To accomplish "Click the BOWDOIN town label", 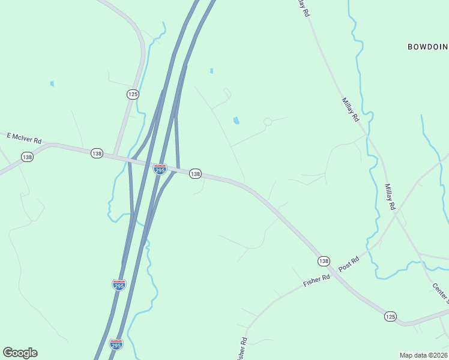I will point(428,46).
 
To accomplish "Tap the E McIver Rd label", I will point(24,138).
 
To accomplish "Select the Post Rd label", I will point(348,263).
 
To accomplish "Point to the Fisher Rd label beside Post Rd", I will point(317,280).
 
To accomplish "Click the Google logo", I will point(20,353).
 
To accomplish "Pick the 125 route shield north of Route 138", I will point(133,94).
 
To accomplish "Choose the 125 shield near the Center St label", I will point(391,316).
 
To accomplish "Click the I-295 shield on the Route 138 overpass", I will point(160,170).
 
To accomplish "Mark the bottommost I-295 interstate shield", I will point(116,344).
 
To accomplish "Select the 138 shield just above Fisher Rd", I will point(324,260).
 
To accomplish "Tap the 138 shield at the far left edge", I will point(27,157).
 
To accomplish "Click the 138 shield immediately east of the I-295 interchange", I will point(195,173).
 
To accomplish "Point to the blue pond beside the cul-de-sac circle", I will point(237,121).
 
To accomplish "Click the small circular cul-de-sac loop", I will point(268,122).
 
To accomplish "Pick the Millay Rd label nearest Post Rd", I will point(391,197).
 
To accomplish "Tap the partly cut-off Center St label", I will point(440,292).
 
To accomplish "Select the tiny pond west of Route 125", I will point(52,83).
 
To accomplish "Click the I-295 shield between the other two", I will point(119,284).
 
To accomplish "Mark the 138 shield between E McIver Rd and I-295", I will point(97,154).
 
